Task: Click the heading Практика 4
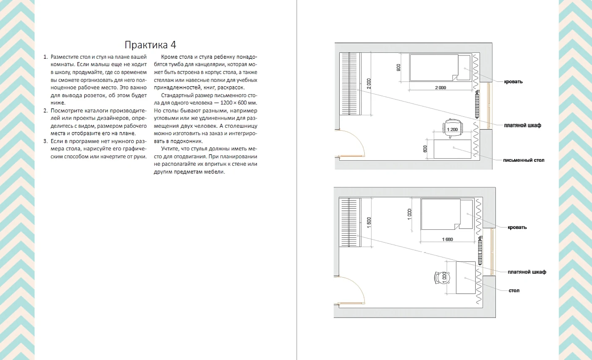[x=150, y=45]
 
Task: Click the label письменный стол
[x=524, y=160]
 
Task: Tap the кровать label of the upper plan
[x=513, y=81]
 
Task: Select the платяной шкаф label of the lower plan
[x=527, y=272]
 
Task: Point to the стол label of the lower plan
[x=514, y=290]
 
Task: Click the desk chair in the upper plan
[x=453, y=128]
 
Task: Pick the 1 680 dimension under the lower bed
[x=447, y=239]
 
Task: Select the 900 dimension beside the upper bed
[x=398, y=68]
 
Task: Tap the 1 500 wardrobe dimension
[x=369, y=223]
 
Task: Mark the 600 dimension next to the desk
[x=425, y=149]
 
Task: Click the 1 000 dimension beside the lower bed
[x=409, y=214]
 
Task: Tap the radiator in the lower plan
[x=480, y=250]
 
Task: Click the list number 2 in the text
[x=45, y=110]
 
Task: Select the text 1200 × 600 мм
[x=238, y=103]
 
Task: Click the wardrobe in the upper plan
[x=350, y=84]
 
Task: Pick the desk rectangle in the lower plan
[x=466, y=278]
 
